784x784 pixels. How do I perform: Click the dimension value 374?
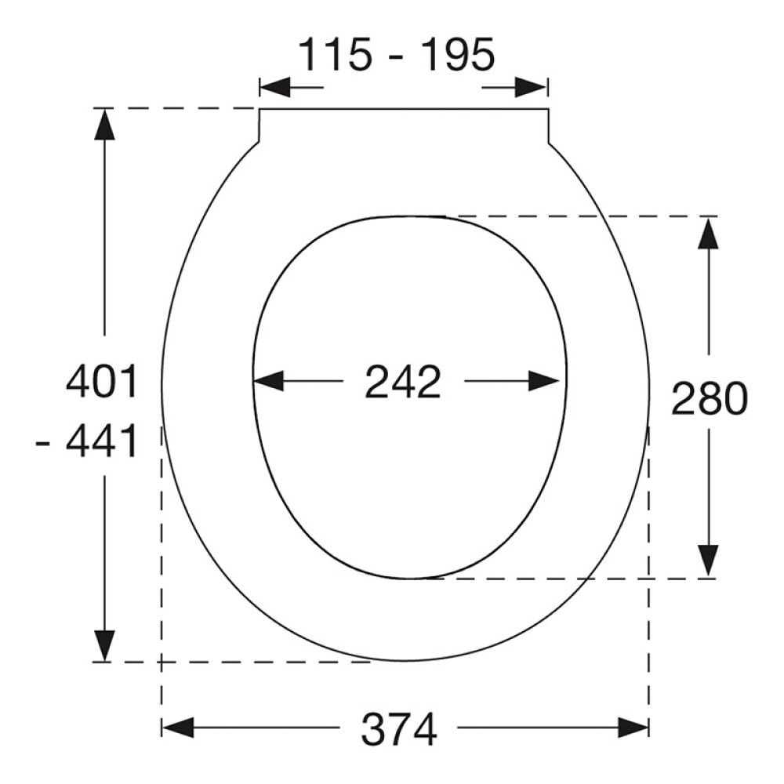tap(398, 731)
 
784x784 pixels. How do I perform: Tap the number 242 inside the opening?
tap(403, 383)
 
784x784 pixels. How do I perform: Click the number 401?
tap(102, 383)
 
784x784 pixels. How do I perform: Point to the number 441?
tap(102, 443)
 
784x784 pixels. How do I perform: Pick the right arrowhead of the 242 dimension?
tap(547, 382)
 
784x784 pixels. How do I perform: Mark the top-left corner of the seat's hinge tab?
tap(260, 109)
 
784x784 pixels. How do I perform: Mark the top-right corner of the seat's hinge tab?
tap(547, 109)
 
